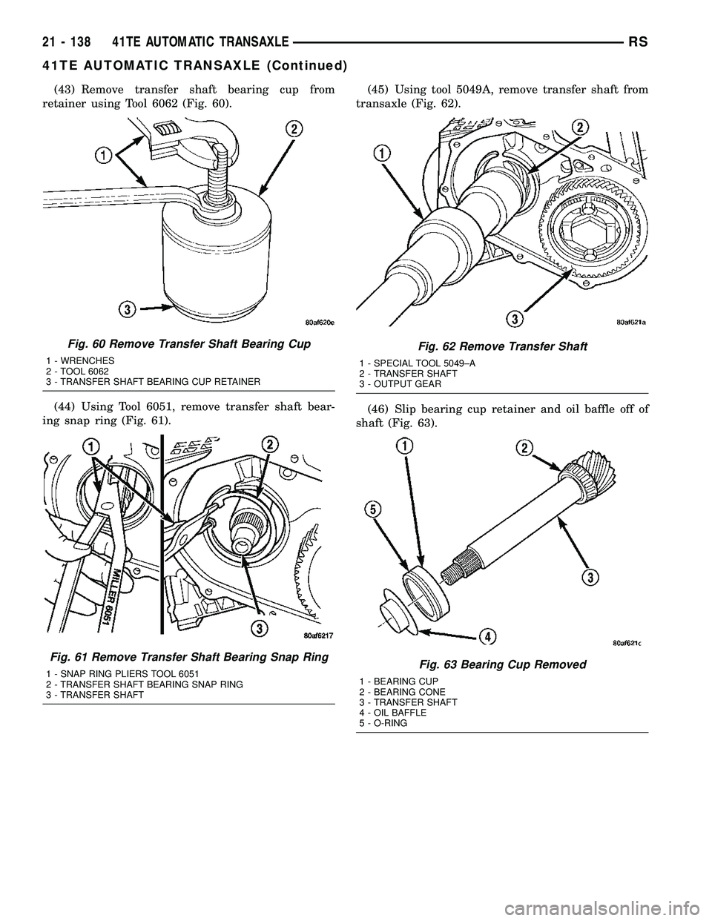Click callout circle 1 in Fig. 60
pos(104,155)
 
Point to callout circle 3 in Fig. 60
pos(128,311)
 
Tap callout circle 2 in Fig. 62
pos(581,127)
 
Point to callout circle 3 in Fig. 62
pos(512,318)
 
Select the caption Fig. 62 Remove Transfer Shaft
pos(502,346)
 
